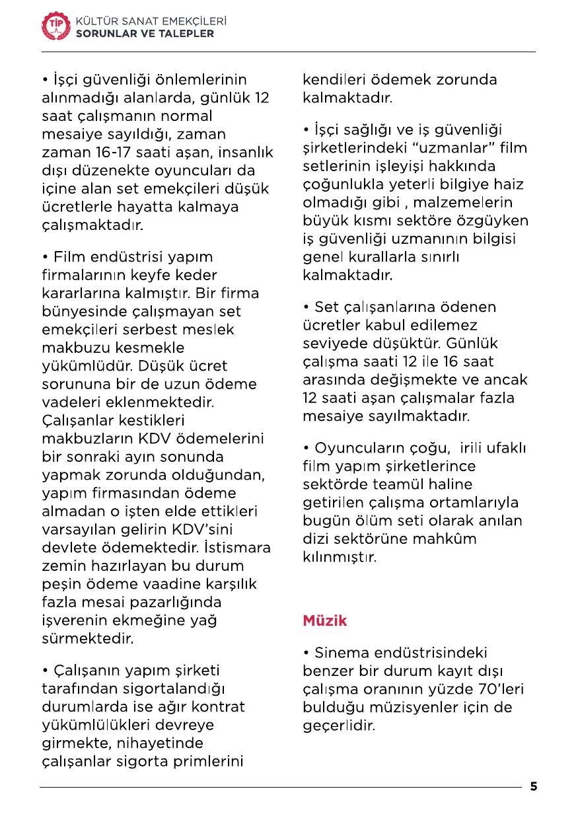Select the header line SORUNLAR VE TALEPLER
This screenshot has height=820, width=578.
pyautogui.click(x=145, y=34)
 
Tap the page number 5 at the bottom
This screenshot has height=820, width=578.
pyautogui.click(x=534, y=786)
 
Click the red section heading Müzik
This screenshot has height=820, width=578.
pyautogui.click(x=324, y=621)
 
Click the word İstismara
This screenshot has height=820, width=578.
pyautogui.click(x=236, y=548)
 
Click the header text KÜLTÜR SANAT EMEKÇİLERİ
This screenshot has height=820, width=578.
pyautogui.click(x=151, y=22)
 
